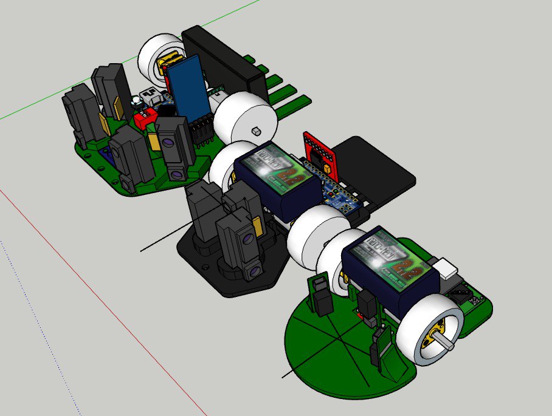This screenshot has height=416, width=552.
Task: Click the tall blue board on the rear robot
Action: pos(187,88)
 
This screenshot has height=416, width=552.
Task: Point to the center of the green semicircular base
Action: pos(340,346)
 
